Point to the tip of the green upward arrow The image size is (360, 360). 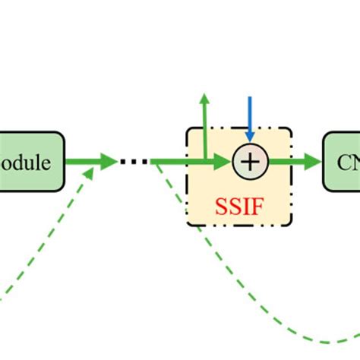point(204,98)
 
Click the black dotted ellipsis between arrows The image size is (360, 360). point(134,161)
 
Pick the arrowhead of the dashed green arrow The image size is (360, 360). point(90,174)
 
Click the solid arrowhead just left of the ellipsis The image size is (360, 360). point(109,161)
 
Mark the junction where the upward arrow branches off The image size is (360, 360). point(204,161)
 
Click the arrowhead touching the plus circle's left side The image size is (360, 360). point(224,161)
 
